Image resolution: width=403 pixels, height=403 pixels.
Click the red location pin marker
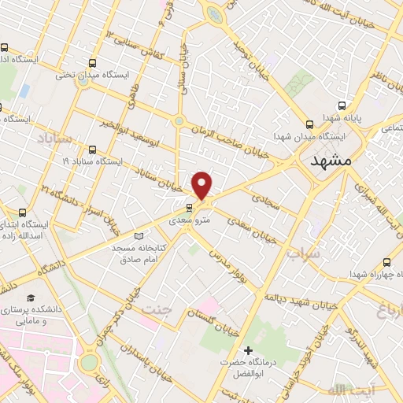202,184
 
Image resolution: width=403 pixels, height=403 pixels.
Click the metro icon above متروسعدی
188,209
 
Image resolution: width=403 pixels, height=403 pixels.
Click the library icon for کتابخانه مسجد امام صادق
139,235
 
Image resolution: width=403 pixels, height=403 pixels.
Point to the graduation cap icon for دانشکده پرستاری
31,298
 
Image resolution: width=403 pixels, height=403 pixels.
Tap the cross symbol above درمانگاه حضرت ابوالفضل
250,349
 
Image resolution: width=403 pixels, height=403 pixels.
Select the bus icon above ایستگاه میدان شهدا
309,124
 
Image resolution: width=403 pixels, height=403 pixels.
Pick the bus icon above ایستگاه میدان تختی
94,63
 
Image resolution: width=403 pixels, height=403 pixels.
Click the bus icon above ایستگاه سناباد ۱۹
93,149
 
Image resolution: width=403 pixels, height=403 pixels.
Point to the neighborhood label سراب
305,254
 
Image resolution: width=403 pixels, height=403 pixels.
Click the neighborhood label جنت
157,310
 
